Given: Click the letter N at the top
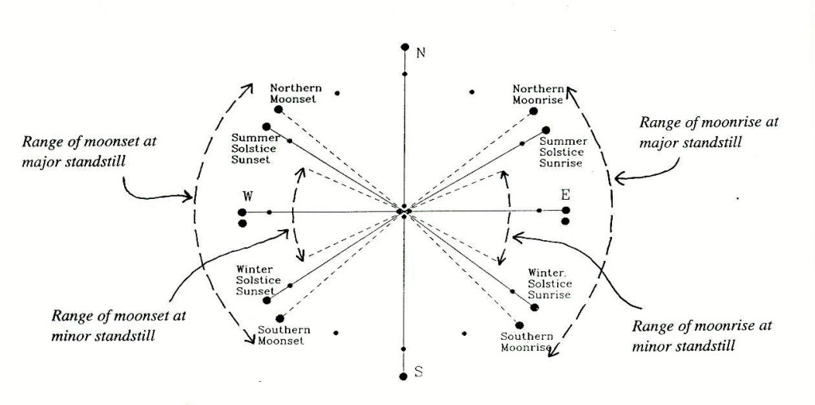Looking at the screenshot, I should pyautogui.click(x=421, y=53).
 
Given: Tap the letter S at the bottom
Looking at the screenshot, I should pyautogui.click(x=419, y=372).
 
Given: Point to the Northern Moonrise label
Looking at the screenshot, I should pyautogui.click(x=538, y=94).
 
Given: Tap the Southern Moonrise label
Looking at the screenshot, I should pyautogui.click(x=526, y=341).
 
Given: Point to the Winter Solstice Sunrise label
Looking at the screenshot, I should pyautogui.click(x=550, y=284).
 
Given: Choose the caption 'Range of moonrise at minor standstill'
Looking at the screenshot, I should pyautogui.click(x=700, y=336).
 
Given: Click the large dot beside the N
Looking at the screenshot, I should pyautogui.click(x=404, y=48).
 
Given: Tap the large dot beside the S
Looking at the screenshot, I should pyautogui.click(x=404, y=377).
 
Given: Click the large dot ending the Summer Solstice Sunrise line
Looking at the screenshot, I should pyautogui.click(x=547, y=130).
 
